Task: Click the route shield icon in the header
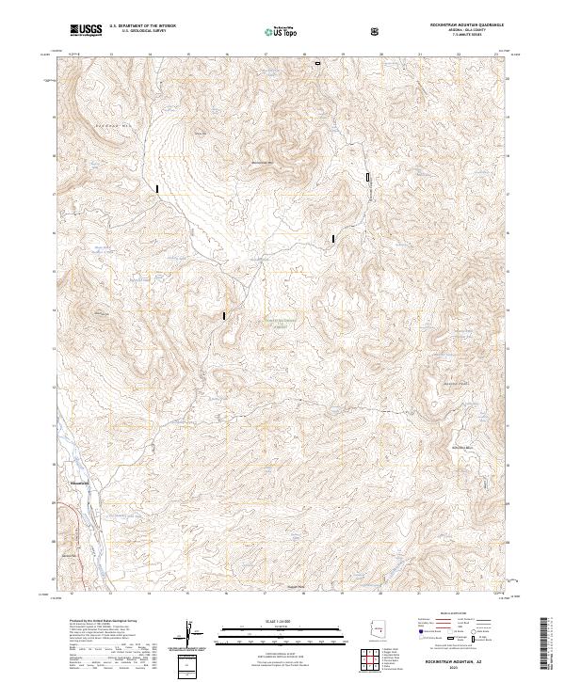tap(377, 31)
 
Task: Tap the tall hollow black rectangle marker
tap(368, 176)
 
